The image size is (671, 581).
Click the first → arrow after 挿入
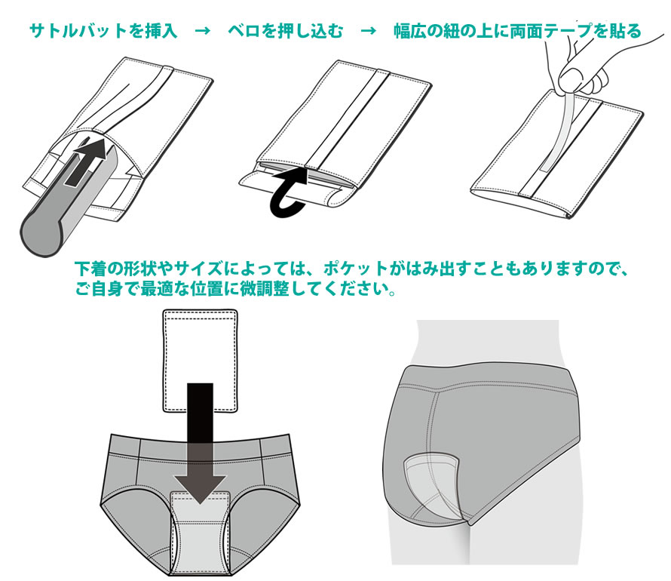202,32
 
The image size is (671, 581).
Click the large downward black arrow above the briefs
201,445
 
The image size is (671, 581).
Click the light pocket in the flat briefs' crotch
200,528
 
